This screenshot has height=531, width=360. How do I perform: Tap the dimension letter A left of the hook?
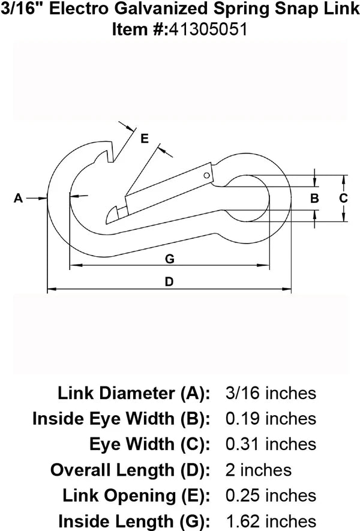[x=18, y=197]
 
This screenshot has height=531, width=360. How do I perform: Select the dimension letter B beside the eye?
[x=314, y=198]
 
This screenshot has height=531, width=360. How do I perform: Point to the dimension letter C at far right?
[x=343, y=198]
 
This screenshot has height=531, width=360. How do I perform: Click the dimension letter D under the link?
[x=169, y=282]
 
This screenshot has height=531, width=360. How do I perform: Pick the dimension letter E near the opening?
[x=144, y=139]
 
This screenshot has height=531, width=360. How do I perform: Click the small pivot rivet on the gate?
[x=206, y=176]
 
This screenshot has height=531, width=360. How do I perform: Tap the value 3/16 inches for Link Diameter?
[x=269, y=393]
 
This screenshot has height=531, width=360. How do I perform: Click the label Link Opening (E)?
[x=136, y=496]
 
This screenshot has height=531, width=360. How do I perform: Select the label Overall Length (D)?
[x=130, y=470]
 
